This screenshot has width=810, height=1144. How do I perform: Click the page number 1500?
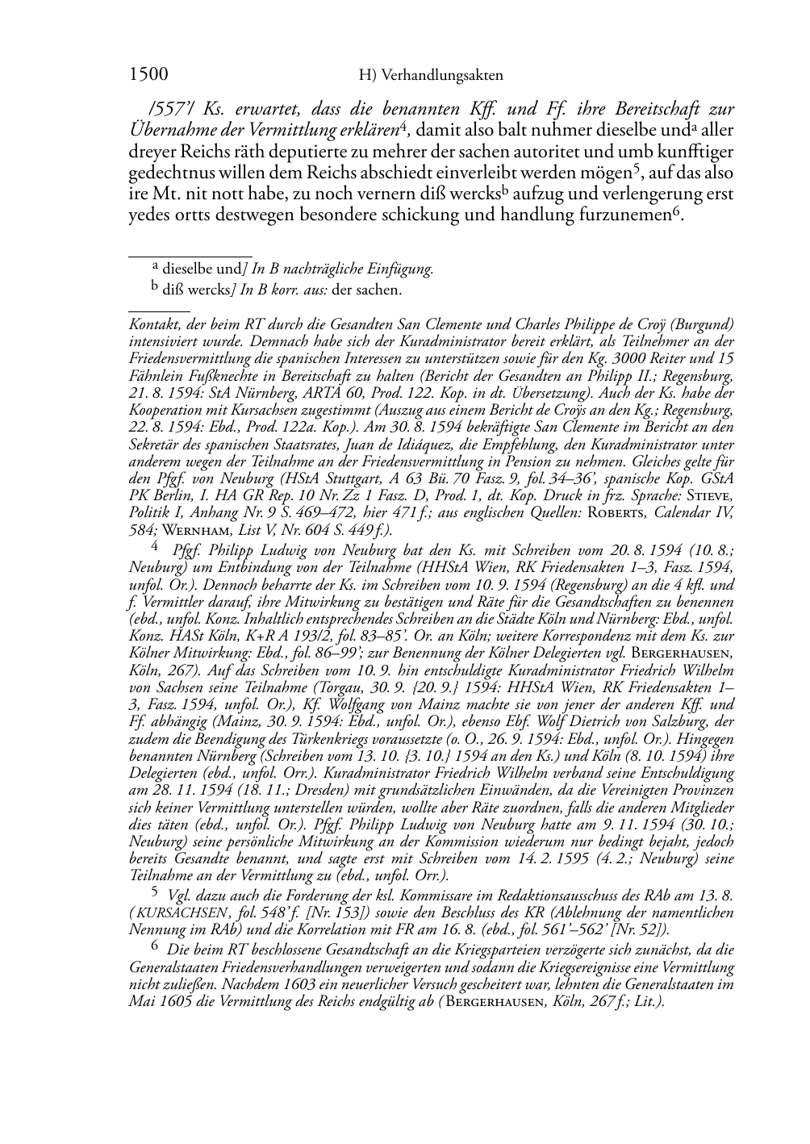tap(148, 74)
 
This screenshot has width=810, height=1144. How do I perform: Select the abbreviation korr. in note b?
tap(282, 290)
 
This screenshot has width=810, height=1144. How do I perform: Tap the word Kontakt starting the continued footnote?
tap(154, 324)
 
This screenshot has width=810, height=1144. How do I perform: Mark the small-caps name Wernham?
tap(190, 530)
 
